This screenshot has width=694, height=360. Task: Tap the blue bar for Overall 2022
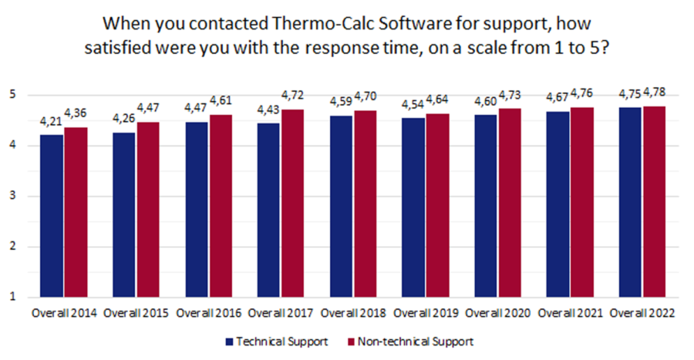tap(630, 202)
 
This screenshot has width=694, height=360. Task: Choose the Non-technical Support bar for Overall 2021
tap(581, 202)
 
